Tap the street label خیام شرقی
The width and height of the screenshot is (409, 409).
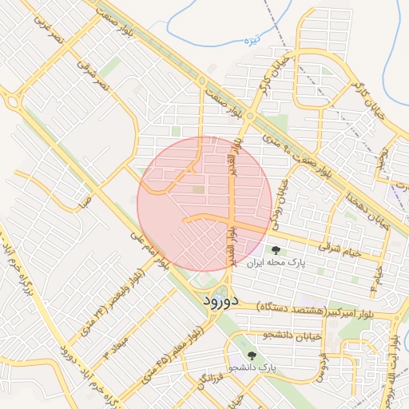pos(340,248)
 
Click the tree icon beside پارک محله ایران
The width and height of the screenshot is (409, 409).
pos(276,250)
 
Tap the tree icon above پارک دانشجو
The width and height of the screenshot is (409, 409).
pos(252,355)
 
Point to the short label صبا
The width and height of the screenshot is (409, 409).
pos(85,203)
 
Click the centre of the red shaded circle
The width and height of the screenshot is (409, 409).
pos(204,204)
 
